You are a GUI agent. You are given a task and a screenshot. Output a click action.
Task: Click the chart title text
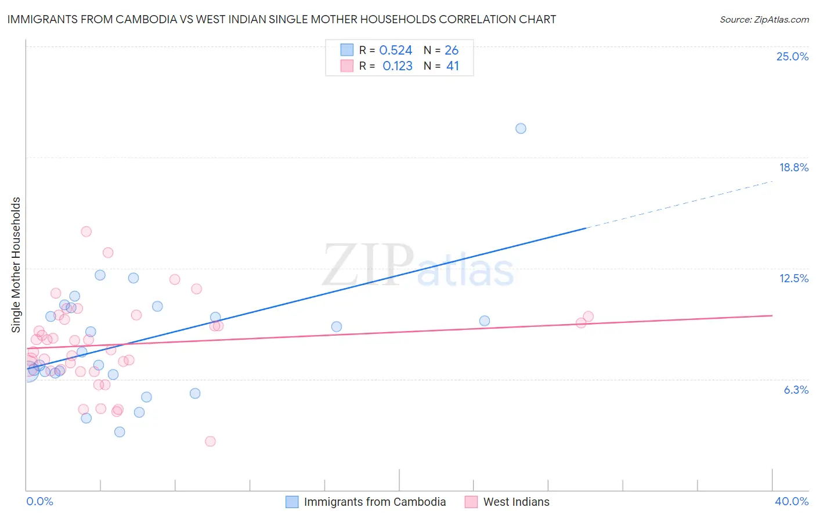point(281,19)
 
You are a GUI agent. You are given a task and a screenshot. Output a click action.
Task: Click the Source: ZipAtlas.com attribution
point(764,19)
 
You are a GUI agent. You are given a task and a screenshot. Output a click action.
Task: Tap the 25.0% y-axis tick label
point(792,56)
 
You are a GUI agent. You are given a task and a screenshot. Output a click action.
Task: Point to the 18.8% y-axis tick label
point(793,167)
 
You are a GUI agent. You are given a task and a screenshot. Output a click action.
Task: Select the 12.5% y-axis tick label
point(793,278)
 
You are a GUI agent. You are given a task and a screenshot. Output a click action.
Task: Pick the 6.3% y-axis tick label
point(796,390)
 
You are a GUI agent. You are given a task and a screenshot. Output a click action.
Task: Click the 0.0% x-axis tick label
point(39,501)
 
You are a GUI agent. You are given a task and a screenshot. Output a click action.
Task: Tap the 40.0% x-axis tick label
point(791,501)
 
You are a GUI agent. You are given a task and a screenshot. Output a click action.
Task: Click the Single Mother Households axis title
point(16,265)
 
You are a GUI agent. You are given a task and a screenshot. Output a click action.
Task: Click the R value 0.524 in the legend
point(395,51)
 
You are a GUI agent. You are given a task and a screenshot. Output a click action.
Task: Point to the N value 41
point(453,66)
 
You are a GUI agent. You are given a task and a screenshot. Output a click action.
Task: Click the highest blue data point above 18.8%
point(521,128)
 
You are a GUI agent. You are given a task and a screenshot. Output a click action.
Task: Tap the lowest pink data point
point(210,441)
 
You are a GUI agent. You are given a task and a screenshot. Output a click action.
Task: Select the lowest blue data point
point(120,431)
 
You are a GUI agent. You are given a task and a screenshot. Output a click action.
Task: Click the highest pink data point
point(86,231)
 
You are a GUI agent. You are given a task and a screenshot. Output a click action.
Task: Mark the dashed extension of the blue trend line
point(679,205)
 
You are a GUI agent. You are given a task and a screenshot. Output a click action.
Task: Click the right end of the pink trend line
point(771,315)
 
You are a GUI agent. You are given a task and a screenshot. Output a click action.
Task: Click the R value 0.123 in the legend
point(397,66)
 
